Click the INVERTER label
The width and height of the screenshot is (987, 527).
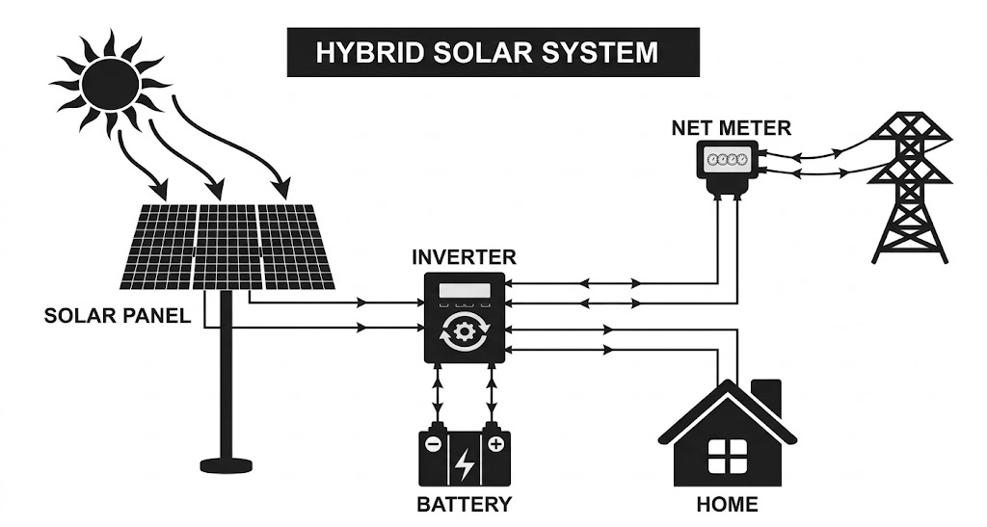click(x=464, y=257)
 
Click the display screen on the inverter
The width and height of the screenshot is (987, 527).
click(x=464, y=292)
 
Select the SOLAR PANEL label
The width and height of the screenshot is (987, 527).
click(x=118, y=316)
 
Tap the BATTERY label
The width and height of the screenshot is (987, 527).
click(x=464, y=504)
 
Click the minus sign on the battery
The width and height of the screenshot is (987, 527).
click(x=434, y=444)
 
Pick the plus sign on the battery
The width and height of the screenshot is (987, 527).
click(x=495, y=444)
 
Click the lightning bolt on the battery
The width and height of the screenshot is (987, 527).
click(x=465, y=463)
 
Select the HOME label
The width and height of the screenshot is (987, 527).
click(x=727, y=504)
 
